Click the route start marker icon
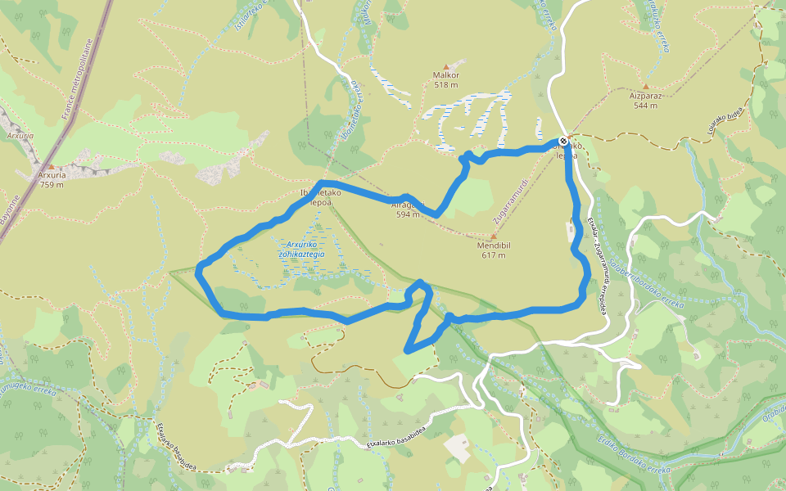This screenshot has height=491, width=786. pos(563,142)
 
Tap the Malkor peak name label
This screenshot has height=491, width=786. pos(446,75)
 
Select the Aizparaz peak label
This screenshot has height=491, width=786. pos(645,95)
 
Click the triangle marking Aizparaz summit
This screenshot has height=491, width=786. pos(645,86)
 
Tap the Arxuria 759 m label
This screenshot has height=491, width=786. pos(51,179)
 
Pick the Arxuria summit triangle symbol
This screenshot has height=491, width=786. pos(51,166)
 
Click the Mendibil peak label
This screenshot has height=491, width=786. pos(493,245)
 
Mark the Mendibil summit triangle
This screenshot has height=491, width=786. pos(493,236)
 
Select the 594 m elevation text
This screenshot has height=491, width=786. pos(408,215)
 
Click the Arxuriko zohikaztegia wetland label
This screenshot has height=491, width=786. pos(301,249)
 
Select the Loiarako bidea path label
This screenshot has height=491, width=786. pos(725,119)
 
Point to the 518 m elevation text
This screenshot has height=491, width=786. pos(446,85)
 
